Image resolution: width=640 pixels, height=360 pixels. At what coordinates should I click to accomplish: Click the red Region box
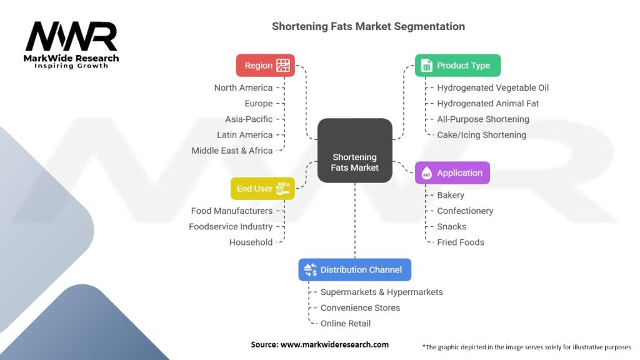click(x=265, y=66)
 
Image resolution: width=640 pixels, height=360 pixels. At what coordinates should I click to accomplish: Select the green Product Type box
click(x=457, y=66)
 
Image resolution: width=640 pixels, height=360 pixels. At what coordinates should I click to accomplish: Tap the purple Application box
click(x=452, y=173)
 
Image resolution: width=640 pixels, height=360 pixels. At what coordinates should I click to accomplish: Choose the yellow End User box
click(x=262, y=189)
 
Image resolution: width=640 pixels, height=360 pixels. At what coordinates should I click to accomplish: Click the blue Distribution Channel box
click(x=354, y=270)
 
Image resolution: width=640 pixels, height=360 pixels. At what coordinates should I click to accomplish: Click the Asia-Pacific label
click(x=249, y=119)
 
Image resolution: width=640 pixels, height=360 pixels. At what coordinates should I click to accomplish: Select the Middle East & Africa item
click(x=232, y=151)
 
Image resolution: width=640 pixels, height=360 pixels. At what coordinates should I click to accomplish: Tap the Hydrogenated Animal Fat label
click(x=487, y=103)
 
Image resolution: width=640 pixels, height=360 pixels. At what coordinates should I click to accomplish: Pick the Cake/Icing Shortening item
click(x=481, y=135)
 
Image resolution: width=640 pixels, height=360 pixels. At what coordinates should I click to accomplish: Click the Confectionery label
click(x=465, y=211)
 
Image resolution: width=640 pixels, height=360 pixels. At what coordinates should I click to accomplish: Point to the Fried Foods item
click(x=461, y=242)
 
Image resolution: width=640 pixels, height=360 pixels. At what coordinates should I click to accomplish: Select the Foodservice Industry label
click(x=231, y=227)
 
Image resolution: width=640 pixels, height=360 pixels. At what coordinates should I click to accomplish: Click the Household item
click(x=251, y=242)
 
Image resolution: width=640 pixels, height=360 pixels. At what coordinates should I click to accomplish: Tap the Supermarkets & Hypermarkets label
click(x=381, y=292)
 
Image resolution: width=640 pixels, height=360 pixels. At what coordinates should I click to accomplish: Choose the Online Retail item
click(x=346, y=324)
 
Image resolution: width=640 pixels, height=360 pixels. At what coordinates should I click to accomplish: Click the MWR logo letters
click(x=71, y=37)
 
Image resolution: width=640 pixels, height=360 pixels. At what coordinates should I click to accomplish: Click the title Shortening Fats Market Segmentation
click(x=368, y=27)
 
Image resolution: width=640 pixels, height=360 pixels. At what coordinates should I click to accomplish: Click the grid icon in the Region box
click(x=283, y=66)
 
